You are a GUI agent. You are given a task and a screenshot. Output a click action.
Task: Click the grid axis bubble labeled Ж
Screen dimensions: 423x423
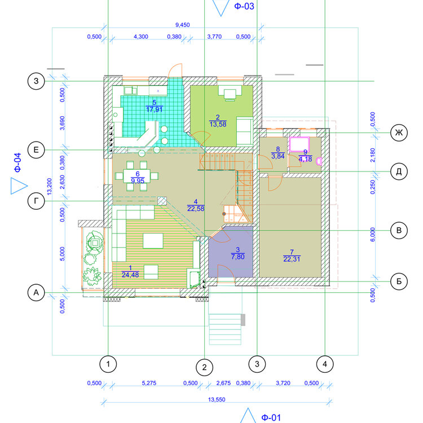coord(399,133)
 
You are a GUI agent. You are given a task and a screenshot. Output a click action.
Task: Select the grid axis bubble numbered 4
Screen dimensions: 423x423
coord(325,364)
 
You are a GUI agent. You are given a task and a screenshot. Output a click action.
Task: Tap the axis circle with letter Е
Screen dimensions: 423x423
coord(36,150)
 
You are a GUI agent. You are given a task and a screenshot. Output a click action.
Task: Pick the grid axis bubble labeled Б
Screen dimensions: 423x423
coord(399,281)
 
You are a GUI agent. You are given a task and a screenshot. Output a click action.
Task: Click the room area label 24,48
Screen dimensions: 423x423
coord(130,275)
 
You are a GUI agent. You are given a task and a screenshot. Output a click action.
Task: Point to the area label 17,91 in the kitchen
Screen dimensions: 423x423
coord(155,109)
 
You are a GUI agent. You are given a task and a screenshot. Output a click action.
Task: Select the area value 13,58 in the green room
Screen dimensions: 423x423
coord(218,125)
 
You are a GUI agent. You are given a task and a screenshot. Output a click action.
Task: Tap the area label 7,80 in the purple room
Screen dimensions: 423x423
coord(237,257)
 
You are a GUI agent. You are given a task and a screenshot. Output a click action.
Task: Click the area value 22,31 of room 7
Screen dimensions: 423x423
coord(292,259)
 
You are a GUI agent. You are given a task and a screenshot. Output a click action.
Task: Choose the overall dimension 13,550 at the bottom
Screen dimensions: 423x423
coord(217,399)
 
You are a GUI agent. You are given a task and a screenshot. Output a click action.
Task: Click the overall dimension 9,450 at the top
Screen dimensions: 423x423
coord(183,25)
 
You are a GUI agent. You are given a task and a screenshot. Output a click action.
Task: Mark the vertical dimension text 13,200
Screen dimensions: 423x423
coord(50,187)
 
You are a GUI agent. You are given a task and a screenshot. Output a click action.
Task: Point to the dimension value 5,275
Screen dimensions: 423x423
coord(149,383)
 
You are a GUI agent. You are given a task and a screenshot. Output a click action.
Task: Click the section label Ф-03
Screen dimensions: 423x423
coord(244,6)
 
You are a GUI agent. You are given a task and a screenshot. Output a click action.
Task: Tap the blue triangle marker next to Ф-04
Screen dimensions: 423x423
coord(19,186)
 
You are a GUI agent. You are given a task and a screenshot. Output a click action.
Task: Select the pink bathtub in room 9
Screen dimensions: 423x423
coord(299,144)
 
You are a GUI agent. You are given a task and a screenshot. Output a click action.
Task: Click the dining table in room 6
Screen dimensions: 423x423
coord(137,176)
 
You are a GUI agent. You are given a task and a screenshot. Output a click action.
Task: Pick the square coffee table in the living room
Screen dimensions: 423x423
coord(153,241)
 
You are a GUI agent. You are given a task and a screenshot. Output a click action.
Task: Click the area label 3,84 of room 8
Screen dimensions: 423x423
coord(278,156)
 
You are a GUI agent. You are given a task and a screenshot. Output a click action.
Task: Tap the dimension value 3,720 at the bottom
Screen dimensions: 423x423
coord(283,383)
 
